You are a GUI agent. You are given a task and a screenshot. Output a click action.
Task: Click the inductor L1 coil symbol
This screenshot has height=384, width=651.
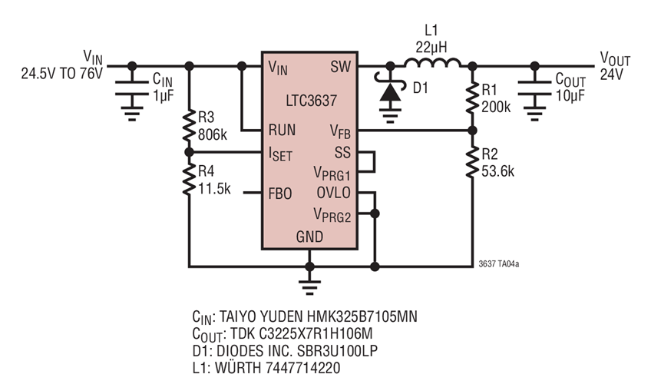point(433,63)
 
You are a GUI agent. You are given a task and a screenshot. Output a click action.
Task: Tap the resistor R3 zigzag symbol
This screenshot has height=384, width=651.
point(190,127)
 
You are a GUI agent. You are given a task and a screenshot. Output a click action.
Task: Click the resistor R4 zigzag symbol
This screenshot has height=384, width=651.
point(190,182)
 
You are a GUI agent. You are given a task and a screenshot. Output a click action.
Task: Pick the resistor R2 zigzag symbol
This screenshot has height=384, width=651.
point(472,162)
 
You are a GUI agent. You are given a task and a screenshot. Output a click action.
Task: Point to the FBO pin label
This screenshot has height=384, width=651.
point(279,194)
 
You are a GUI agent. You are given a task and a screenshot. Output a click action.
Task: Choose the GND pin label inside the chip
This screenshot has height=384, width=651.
point(309,237)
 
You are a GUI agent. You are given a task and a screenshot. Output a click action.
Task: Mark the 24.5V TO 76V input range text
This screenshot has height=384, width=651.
point(61,75)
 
